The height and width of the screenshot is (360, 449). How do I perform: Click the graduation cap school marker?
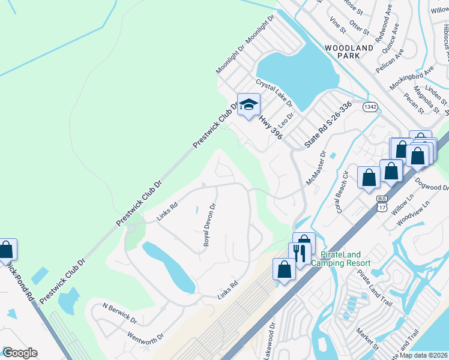coord(248,106)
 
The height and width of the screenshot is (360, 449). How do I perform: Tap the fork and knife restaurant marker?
coord(300,253)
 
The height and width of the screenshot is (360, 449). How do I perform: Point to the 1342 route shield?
coord(370,106)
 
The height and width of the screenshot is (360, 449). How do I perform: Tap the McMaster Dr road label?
coord(315,168)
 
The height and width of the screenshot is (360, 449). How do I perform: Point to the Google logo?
coord(20,353)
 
